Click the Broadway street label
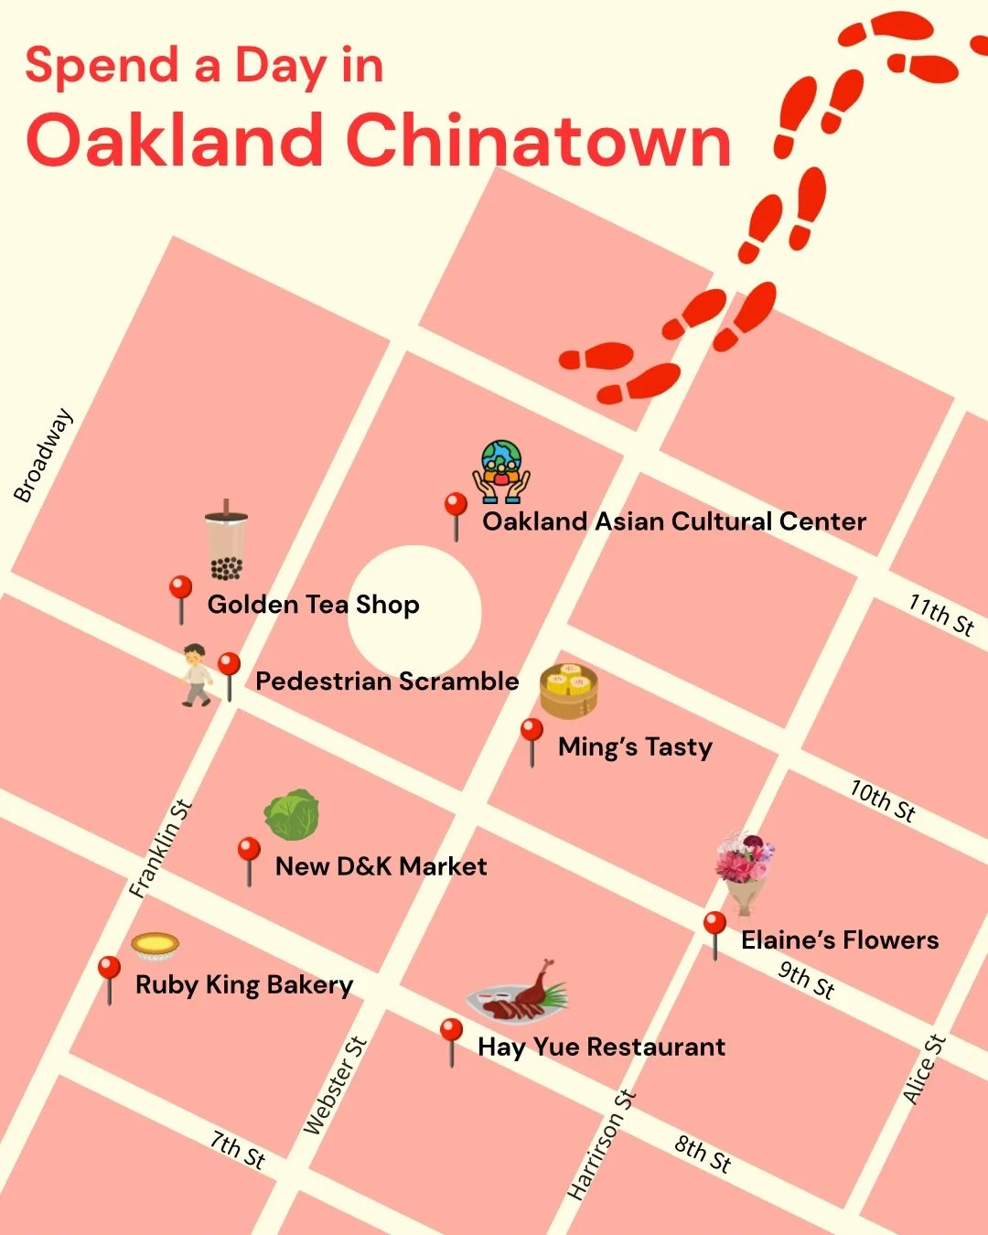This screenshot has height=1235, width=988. coord(42,456)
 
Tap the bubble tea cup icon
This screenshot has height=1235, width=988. coord(226,541)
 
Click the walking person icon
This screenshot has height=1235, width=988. coord(195,675)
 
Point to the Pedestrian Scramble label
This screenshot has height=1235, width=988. coord(386,682)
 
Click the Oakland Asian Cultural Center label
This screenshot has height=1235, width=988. coord(674,521)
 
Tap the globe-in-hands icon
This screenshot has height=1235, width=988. coord(501,471)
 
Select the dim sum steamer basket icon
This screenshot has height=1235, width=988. coord(568,691)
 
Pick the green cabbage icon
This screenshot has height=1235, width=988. coord(292,815)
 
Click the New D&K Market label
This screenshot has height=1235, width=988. coord(381,866)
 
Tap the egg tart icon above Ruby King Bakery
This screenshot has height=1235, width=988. coord(155,946)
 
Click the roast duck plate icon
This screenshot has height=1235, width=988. coord(518,993)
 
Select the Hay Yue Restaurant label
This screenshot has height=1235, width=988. coord(601,1047)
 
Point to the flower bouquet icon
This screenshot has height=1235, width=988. coord(745,869)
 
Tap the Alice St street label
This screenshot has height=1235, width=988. coord(923,1069)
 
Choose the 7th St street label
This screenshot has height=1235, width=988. coord(238,1149)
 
